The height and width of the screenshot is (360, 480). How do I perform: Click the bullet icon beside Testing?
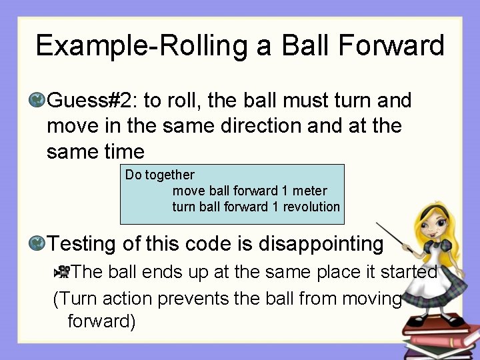pos(37,243)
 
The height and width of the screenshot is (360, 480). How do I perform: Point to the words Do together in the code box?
pos(160,175)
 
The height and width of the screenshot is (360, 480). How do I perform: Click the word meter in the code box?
pos(310,191)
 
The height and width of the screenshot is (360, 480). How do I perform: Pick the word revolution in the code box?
pos(311,207)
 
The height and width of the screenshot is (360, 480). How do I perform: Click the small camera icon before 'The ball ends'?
pos(62,271)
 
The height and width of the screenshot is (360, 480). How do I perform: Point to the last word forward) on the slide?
pos(101,322)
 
